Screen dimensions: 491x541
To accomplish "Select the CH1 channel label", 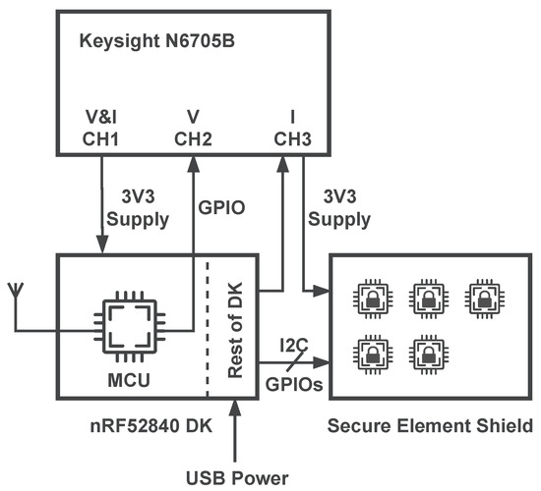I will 102,140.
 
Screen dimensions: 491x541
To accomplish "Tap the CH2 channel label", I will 193,140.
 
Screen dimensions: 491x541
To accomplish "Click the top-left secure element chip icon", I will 373,296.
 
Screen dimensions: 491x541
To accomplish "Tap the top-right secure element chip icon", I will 481,296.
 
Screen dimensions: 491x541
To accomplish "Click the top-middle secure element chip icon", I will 427,296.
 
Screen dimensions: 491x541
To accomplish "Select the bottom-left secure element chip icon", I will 373,351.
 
